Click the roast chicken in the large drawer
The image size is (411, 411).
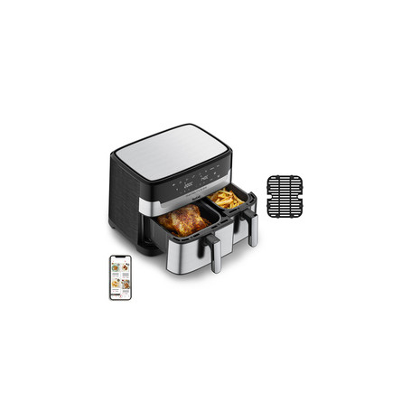click(184, 219)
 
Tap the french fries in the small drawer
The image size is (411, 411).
click(227, 198)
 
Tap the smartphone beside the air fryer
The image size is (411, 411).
click(120, 276)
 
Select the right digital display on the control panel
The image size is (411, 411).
click(207, 172)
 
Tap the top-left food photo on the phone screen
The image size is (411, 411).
click(115, 267)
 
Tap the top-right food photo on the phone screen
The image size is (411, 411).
click(126, 267)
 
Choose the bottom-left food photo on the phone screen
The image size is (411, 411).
click(115, 284)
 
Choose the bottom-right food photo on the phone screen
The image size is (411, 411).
click(126, 284)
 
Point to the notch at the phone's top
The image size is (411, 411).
click(120, 257)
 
